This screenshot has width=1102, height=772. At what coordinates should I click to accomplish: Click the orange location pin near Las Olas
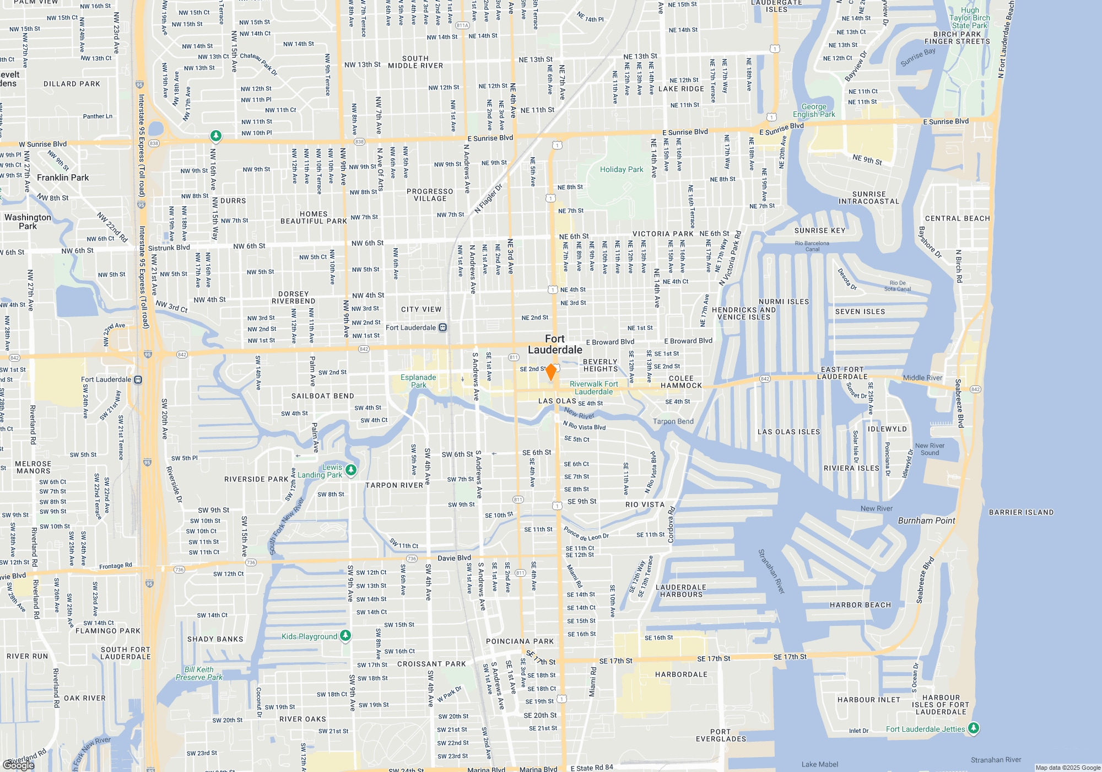click(550, 372)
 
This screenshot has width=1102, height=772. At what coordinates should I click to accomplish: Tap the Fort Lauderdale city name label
click(555, 345)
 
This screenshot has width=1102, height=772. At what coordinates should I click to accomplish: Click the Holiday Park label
click(622, 170)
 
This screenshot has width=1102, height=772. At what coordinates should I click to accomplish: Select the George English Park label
click(814, 111)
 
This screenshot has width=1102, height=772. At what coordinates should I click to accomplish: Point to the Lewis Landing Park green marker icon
click(351, 470)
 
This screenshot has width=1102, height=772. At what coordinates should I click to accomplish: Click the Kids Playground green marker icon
click(345, 636)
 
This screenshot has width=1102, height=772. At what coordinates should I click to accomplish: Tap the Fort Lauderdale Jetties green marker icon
click(974, 728)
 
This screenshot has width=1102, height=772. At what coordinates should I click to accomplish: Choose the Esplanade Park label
click(418, 381)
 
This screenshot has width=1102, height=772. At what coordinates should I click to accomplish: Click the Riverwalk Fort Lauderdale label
click(593, 388)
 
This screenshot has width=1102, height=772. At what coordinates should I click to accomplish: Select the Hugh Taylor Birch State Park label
click(970, 18)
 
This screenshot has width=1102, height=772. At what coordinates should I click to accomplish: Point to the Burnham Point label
click(926, 521)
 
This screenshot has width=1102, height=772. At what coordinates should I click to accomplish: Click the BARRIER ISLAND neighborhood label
click(1021, 512)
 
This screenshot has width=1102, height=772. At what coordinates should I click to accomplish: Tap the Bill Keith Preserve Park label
click(199, 673)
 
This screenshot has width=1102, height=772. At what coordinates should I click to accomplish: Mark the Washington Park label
click(28, 222)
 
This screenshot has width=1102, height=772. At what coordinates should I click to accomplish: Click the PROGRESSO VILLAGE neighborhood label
click(430, 195)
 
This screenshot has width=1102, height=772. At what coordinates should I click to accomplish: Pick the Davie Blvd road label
click(454, 558)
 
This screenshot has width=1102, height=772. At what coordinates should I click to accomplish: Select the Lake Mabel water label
click(820, 764)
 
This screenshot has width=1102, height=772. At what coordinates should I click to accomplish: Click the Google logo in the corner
click(19, 765)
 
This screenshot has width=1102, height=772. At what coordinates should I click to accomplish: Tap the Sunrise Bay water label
click(918, 57)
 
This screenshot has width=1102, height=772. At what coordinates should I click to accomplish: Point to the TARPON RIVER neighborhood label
click(394, 485)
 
